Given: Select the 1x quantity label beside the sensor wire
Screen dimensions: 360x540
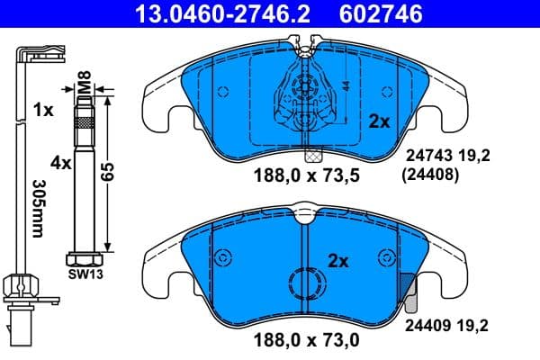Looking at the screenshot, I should [x=43, y=109].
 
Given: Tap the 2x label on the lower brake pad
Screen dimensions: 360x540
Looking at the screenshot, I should [x=337, y=262].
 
